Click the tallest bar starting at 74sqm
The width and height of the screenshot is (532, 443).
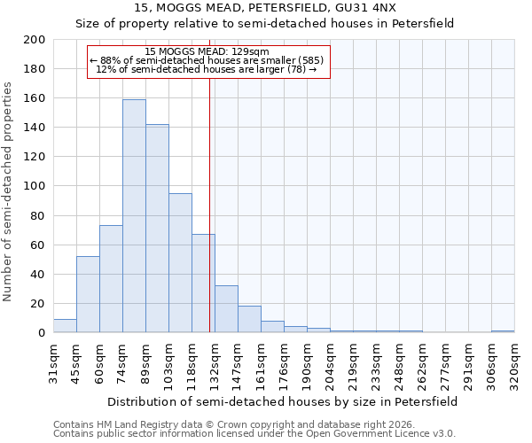click(134, 216)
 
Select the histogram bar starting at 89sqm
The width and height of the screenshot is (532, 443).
click(157, 229)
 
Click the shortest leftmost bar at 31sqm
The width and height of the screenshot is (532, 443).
click(65, 326)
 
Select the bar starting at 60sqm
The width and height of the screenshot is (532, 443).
click(111, 279)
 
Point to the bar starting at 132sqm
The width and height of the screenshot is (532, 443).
click(226, 309)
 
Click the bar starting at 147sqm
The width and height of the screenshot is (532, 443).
click(249, 319)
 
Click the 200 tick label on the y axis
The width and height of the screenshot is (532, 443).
click(35, 40)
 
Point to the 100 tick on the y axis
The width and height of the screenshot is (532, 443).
click(35, 186)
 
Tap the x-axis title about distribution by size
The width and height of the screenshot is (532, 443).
click(283, 401)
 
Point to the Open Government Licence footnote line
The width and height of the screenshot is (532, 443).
click(254, 434)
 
